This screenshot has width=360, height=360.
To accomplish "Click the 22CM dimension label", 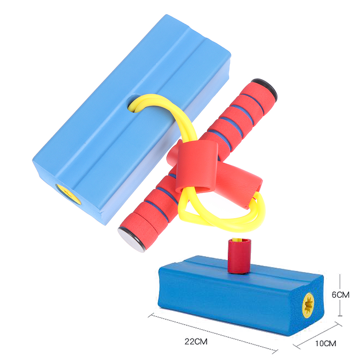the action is [x=196, y=341].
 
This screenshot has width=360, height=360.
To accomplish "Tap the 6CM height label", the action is [x=341, y=295].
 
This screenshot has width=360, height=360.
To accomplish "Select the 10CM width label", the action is [x=326, y=343].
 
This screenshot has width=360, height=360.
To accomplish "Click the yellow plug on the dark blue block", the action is [x=308, y=305].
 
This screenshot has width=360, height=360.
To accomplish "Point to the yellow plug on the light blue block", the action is [x=69, y=194].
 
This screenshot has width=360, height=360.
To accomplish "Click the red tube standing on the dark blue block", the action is [x=239, y=256].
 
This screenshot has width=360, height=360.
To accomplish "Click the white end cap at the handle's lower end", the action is [x=130, y=240].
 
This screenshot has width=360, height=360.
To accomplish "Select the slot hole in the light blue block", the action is [x=134, y=103].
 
